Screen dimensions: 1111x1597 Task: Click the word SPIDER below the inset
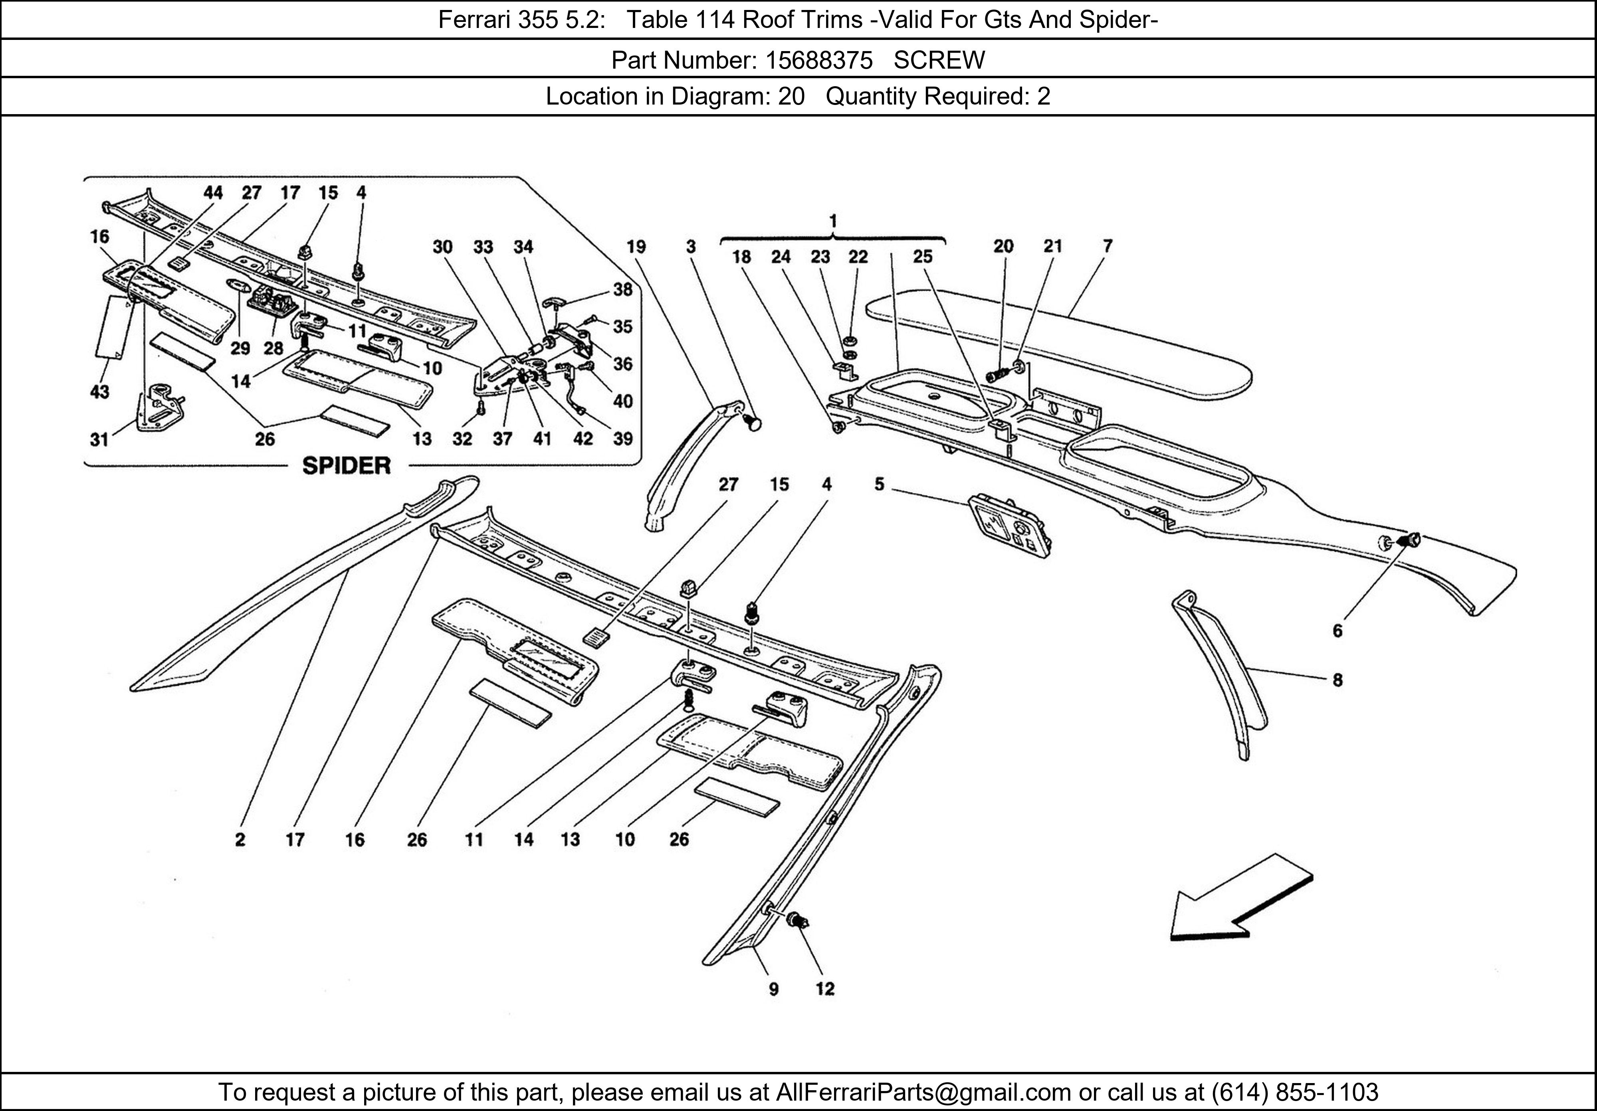point(347,466)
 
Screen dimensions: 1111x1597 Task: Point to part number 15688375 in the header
point(819,61)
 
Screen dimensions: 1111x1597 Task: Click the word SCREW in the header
point(939,61)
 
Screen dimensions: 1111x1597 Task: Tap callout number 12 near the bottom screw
point(825,988)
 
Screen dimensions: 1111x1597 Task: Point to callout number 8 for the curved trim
point(1337,680)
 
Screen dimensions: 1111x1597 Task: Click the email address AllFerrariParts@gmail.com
point(923,1092)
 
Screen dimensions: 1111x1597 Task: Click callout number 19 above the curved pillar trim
point(636,246)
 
